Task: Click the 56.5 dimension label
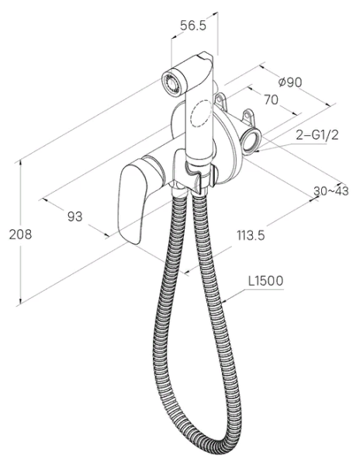tap(193, 26)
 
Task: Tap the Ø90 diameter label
tap(290, 82)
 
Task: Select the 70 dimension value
tap(272, 100)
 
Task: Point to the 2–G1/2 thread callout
tap(317, 135)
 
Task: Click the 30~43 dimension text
tap(331, 191)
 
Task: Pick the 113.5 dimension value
tap(251, 235)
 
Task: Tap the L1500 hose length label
tap(265, 281)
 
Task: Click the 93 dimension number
tap(74, 217)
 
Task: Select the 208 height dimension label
tap(20, 235)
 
